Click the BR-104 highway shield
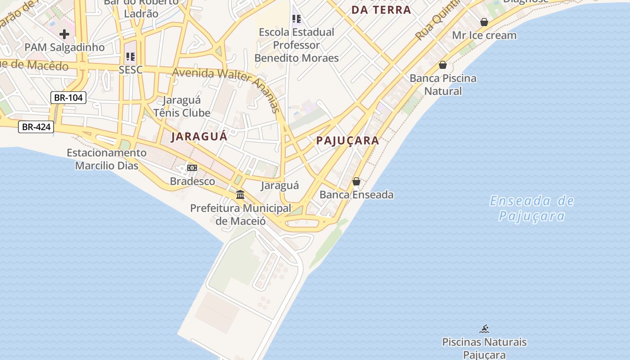(x=68, y=97)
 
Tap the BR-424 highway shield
(x=36, y=127)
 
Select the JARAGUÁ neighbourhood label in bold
(x=199, y=136)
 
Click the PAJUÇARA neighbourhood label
(x=347, y=140)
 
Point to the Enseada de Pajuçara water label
(x=532, y=208)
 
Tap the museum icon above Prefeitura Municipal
(x=240, y=195)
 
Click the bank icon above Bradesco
(x=192, y=168)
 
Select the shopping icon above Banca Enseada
(x=356, y=181)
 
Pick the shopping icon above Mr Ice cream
(x=484, y=22)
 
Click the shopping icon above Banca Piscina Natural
(x=443, y=65)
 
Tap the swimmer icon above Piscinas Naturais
(x=484, y=329)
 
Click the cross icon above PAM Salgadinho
(x=64, y=34)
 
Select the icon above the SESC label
(x=130, y=57)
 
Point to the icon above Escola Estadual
(x=296, y=19)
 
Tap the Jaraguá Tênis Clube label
(x=182, y=106)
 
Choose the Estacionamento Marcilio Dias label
(x=107, y=159)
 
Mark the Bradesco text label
(x=192, y=181)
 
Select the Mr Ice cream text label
(x=484, y=35)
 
